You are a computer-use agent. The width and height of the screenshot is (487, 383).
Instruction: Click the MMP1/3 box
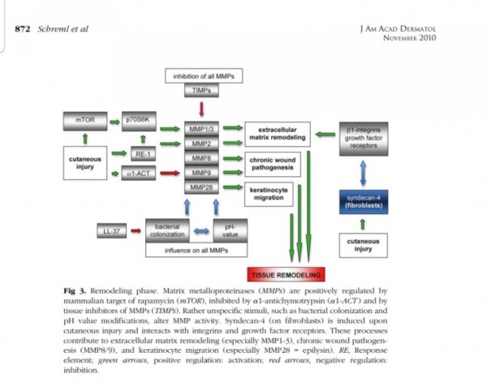[201, 128]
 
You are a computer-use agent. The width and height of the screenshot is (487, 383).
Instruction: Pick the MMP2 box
[201, 144]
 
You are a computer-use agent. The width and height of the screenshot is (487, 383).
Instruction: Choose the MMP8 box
[201, 158]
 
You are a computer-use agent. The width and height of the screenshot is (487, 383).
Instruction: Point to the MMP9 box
[201, 173]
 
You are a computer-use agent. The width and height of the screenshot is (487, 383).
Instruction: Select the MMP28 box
[201, 187]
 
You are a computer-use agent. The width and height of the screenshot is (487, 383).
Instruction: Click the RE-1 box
[140, 152]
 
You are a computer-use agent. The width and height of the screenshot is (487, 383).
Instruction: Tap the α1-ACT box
[140, 173]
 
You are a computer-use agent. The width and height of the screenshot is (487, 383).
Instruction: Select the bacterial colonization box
[166, 229]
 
